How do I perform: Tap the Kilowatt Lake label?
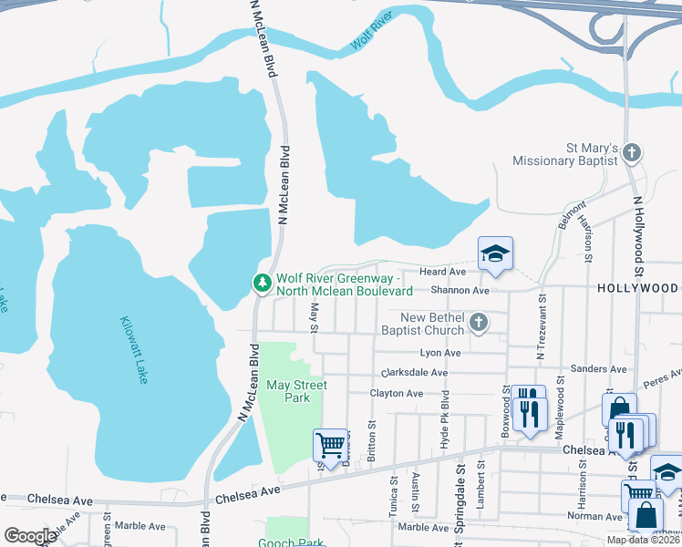134,350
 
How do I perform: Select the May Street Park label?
296,391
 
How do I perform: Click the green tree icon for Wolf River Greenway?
263,284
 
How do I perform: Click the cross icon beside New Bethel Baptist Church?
478,323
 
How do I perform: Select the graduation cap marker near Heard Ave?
495,254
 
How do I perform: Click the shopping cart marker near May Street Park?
330,446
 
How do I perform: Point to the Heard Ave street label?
442,272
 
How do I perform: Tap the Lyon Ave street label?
439,353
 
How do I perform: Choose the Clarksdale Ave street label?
415,373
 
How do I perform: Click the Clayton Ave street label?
397,393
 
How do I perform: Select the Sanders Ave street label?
598,369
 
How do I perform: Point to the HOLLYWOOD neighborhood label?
638,288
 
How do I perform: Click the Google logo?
30,536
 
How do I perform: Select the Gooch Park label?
295,543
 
